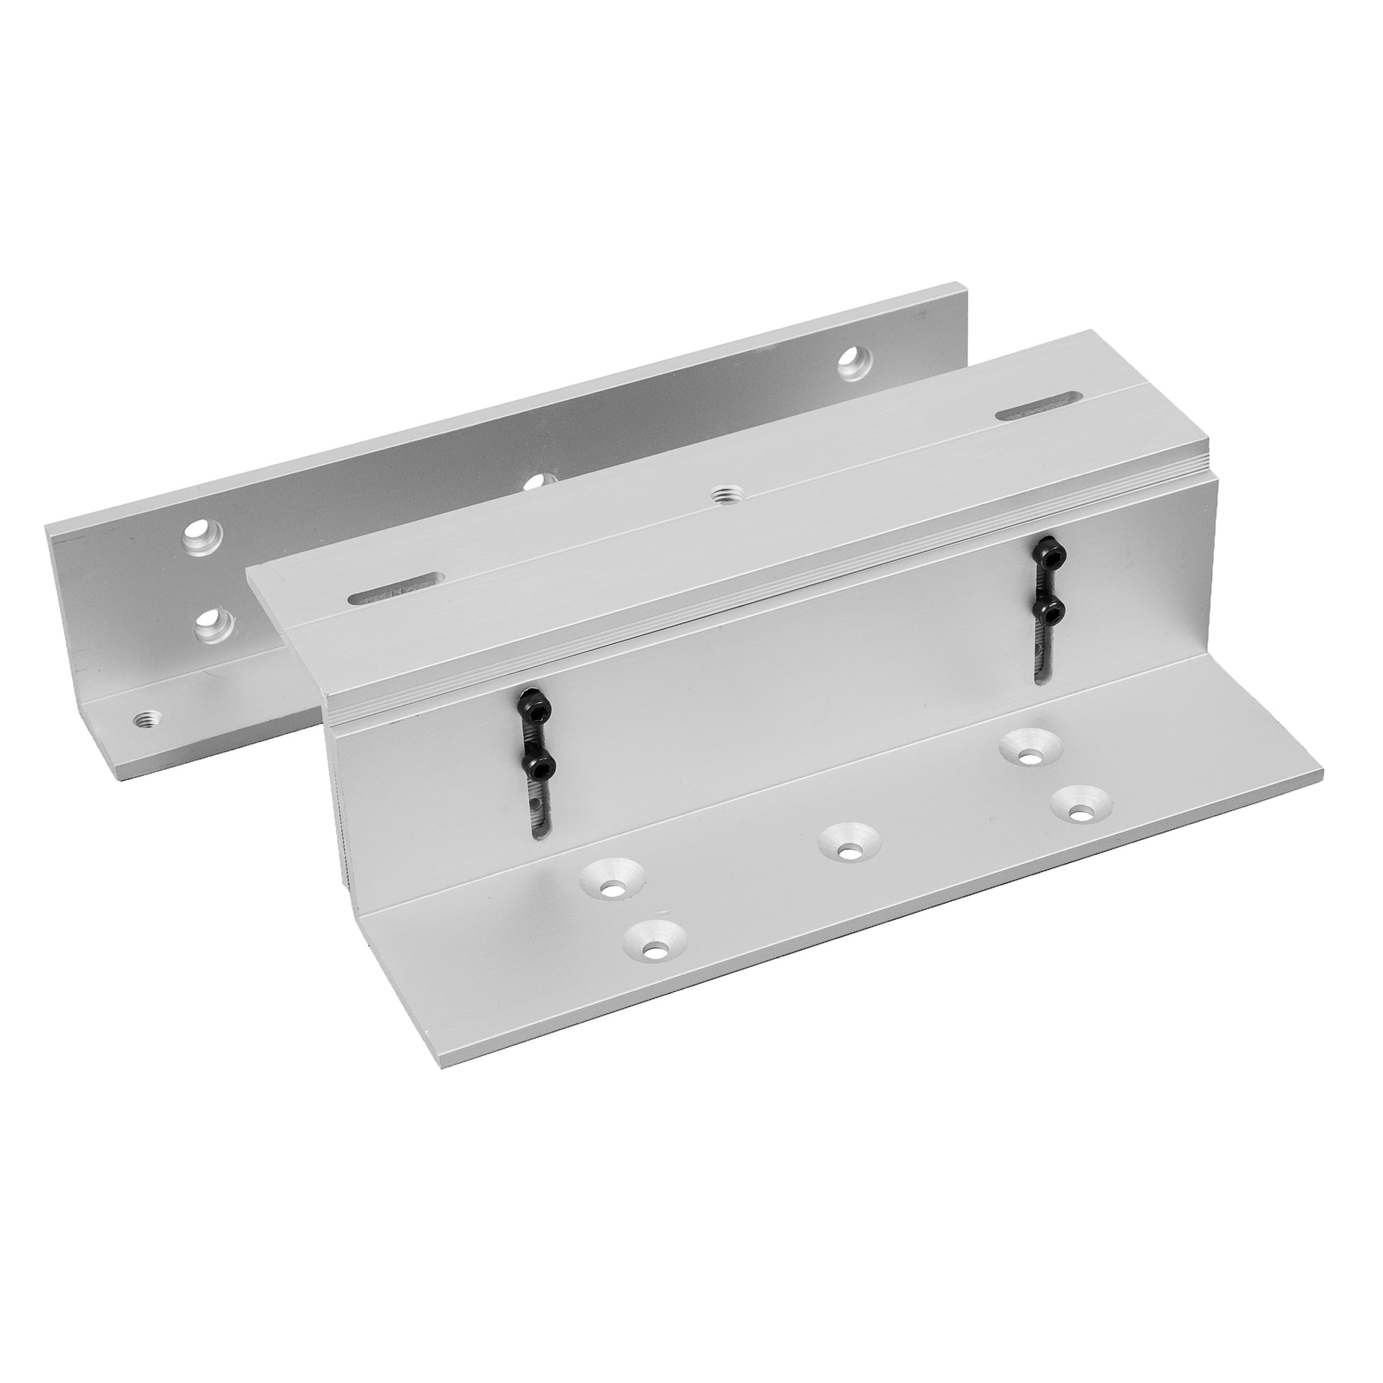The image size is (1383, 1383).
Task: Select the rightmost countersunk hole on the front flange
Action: pos(1078,813)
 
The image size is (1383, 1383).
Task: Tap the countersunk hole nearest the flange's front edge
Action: pos(655,952)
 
